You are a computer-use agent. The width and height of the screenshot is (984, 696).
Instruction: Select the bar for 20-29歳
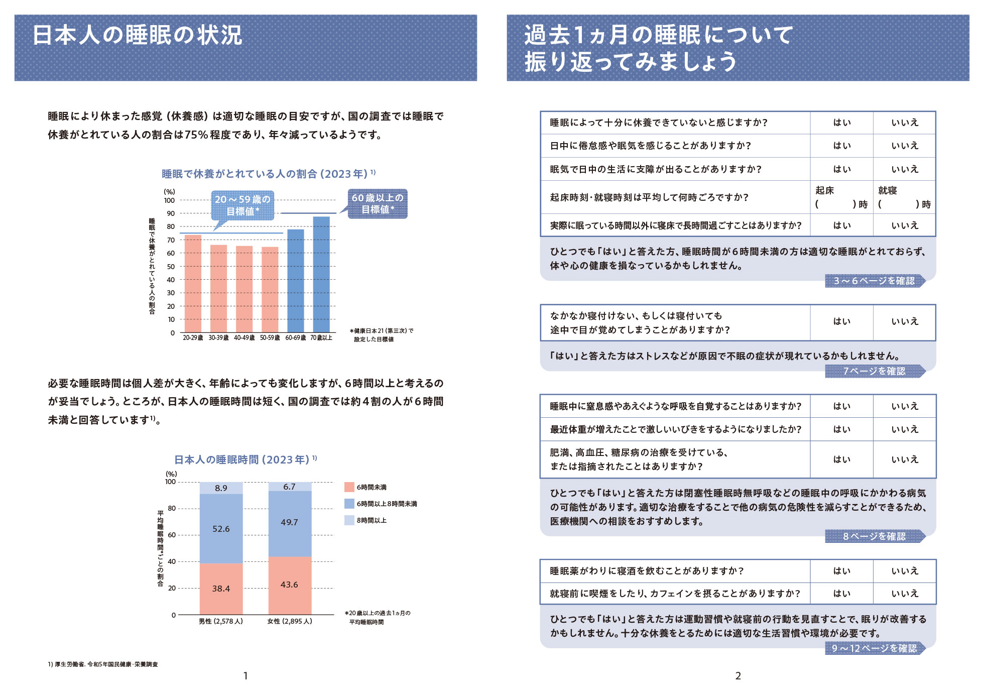pyautogui.click(x=193, y=283)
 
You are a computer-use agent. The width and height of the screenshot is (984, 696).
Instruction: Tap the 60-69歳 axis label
pyautogui.click(x=295, y=338)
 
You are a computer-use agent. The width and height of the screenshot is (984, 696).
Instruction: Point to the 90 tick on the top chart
pyautogui.click(x=171, y=213)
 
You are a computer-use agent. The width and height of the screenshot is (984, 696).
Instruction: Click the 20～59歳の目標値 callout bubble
pyautogui.click(x=243, y=205)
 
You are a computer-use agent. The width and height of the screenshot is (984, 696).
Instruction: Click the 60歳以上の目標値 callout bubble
pyautogui.click(x=378, y=203)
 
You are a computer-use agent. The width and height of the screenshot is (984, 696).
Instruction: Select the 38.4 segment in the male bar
pyautogui.click(x=221, y=589)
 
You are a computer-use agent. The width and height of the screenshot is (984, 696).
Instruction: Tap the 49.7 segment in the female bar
pyautogui.click(x=290, y=523)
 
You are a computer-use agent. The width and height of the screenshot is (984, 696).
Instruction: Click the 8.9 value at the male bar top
pyautogui.click(x=221, y=488)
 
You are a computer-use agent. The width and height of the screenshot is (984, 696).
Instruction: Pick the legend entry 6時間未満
pyautogui.click(x=366, y=487)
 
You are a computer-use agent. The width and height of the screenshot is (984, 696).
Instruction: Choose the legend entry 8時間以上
pyautogui.click(x=366, y=520)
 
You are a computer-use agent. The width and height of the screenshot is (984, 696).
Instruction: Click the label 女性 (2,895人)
pyautogui.click(x=290, y=621)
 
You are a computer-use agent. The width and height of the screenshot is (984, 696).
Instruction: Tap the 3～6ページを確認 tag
pyautogui.click(x=874, y=281)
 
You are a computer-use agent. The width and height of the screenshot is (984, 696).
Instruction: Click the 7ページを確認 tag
pyautogui.click(x=874, y=371)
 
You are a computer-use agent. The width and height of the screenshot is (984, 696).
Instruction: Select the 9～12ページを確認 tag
pyautogui.click(x=874, y=648)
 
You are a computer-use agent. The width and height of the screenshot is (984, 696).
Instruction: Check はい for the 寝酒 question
pyautogui.click(x=841, y=571)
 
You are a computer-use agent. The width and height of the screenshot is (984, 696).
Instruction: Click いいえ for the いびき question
pyautogui.click(x=904, y=429)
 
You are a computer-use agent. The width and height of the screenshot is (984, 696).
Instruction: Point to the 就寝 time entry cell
pyautogui.click(x=904, y=198)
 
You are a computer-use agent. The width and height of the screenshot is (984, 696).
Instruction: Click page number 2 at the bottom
pyautogui.click(x=737, y=676)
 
